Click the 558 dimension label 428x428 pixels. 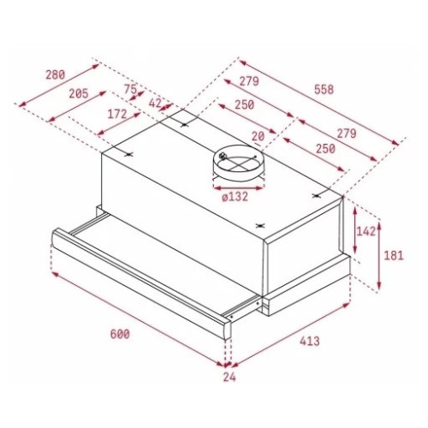[x=324, y=89]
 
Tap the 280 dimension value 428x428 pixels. [x=56, y=74]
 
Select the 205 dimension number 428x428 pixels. [x=79, y=93]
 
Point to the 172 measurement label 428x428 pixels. [x=117, y=114]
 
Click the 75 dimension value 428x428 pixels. [x=130, y=89]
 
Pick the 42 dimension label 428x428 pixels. [x=156, y=103]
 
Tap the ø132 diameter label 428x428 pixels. [x=235, y=197]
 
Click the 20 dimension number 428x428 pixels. [x=258, y=136]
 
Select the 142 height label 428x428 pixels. [x=366, y=231]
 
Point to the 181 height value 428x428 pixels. [x=394, y=255]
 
